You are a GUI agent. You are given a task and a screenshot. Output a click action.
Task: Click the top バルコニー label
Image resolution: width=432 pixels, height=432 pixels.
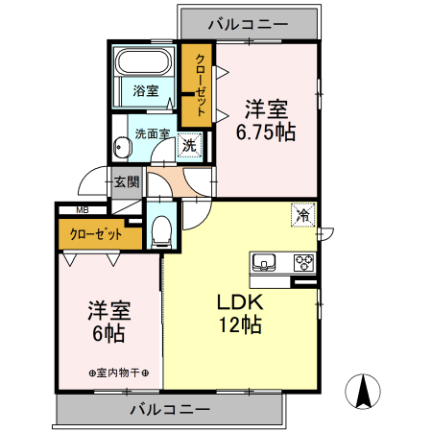tap(248, 20)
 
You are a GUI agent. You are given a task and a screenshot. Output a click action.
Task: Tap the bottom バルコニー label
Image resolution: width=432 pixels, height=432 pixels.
tap(169, 409)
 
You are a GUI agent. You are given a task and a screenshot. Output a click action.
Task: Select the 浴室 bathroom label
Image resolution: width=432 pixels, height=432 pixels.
tap(147, 93)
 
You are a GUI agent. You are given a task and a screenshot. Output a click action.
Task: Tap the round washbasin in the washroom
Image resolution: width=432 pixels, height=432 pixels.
tap(121, 148)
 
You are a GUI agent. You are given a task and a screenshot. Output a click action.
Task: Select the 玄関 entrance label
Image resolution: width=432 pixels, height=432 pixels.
tap(127, 180)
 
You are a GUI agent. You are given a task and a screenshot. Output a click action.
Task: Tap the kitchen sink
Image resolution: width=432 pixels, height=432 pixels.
tap(265, 261)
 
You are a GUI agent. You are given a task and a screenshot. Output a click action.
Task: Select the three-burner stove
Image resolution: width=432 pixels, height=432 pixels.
tap(304, 261)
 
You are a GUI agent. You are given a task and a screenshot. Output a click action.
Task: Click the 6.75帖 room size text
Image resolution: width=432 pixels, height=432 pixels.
tap(267, 133)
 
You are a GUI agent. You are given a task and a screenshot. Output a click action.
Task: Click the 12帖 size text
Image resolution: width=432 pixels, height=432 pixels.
tap(238, 326)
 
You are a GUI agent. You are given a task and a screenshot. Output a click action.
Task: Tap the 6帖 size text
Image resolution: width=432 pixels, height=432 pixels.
tap(108, 335)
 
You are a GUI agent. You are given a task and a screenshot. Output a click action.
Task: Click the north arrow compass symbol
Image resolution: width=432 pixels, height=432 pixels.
tap(366, 391)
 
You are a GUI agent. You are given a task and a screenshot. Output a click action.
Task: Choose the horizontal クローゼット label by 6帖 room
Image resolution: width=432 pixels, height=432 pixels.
tap(95, 233)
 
